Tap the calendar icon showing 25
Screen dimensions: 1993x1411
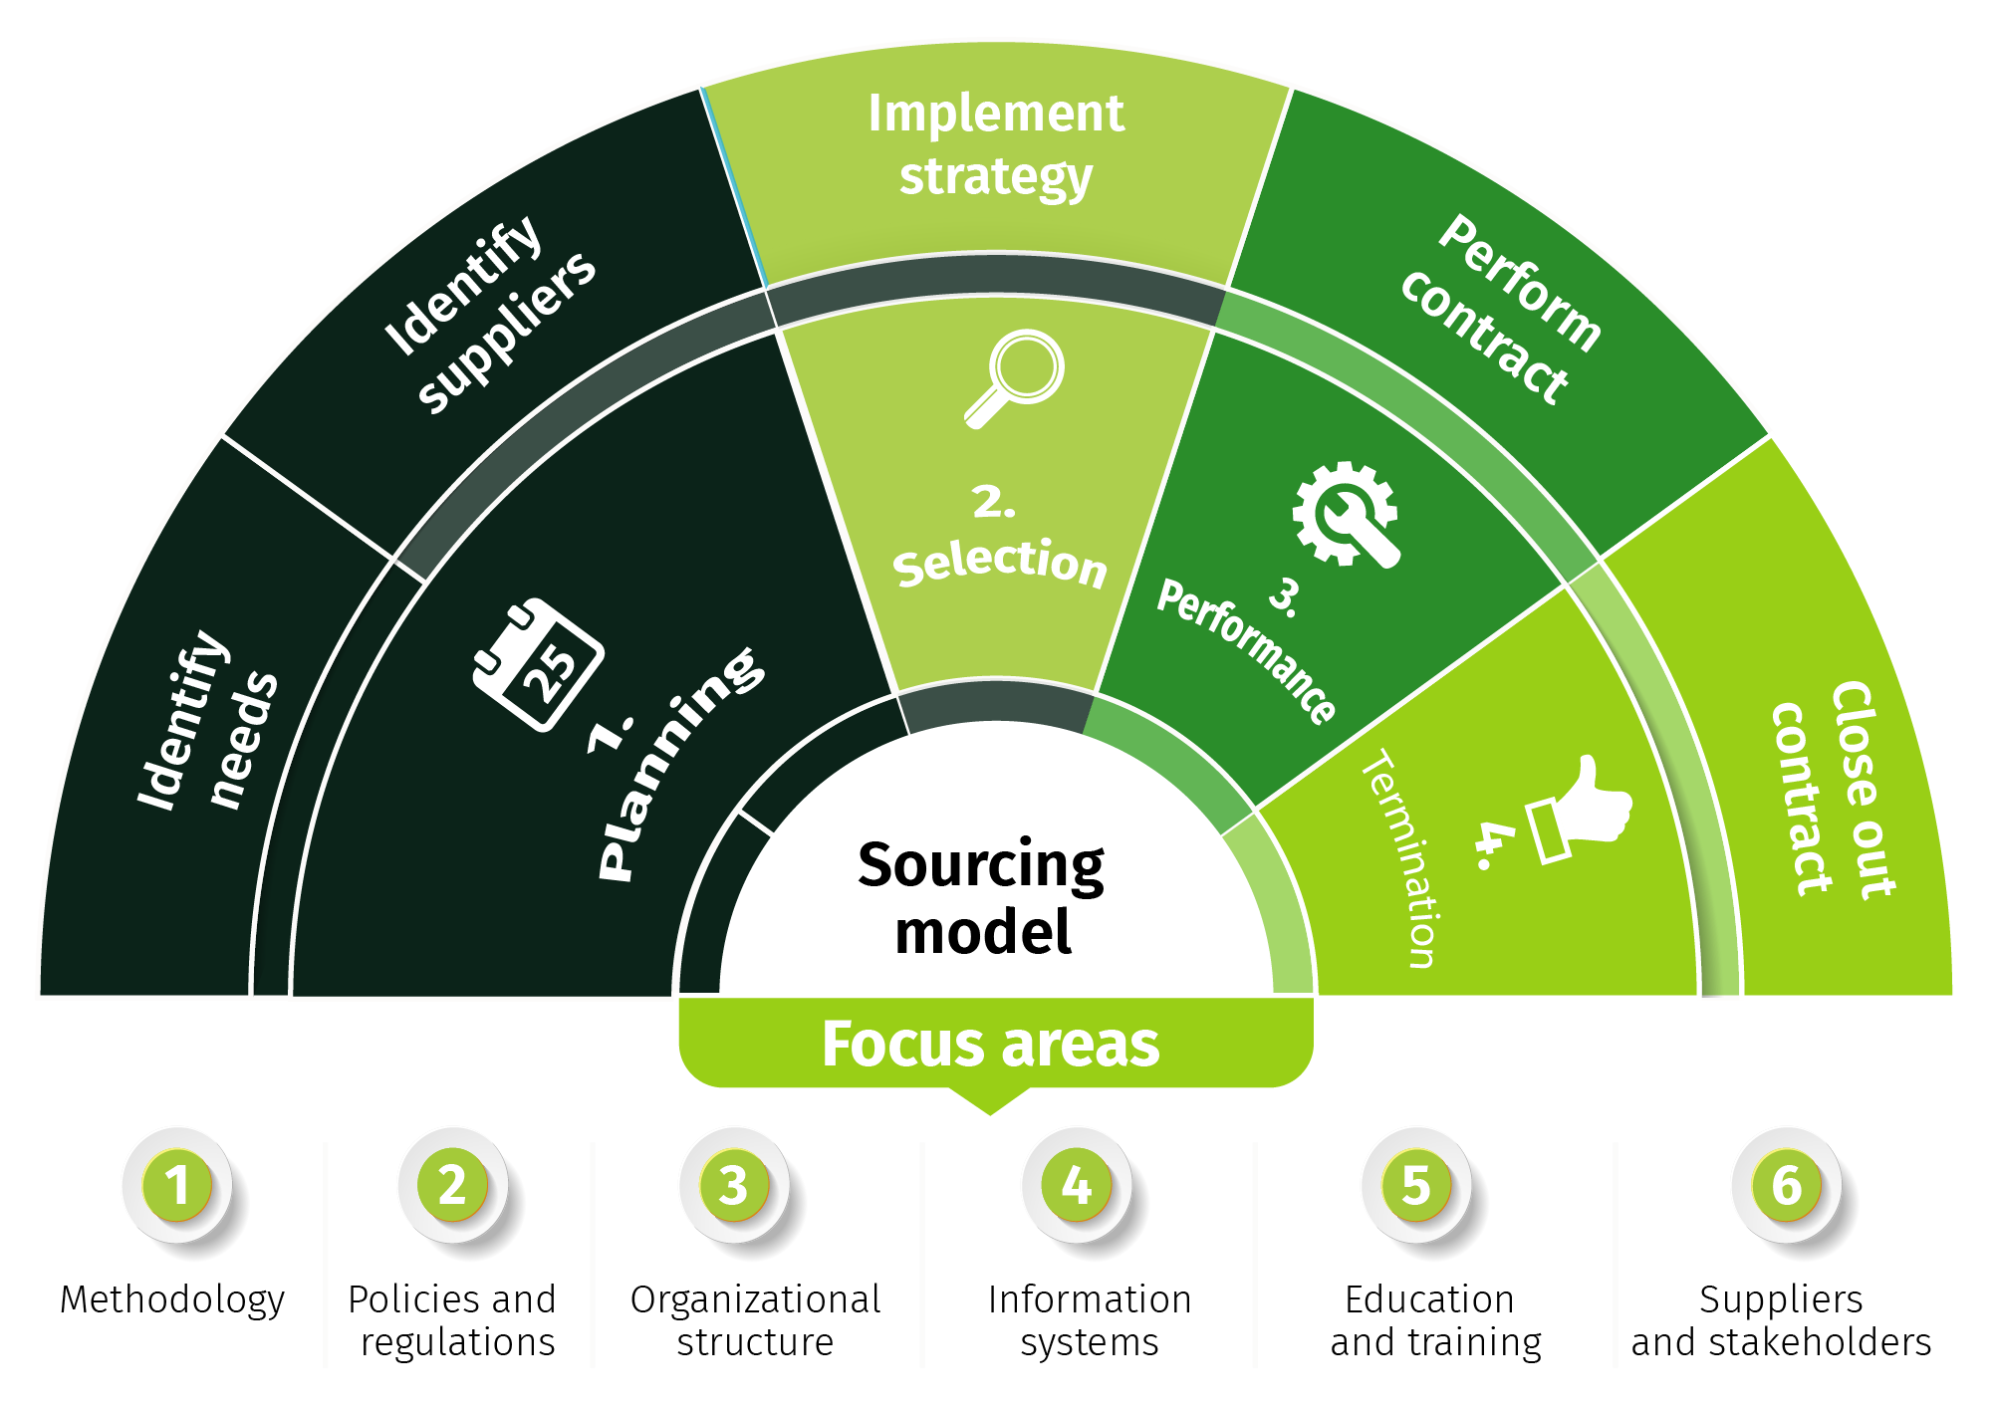pos(538,664)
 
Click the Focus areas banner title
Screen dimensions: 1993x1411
pos(991,1044)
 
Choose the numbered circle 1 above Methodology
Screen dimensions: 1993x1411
pos(177,1185)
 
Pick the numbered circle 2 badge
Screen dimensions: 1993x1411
pos(453,1185)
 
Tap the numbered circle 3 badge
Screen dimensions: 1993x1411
pos(734,1185)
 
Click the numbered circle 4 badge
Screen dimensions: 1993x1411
pos(1077,1185)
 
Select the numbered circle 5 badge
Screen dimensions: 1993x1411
pos(1416,1185)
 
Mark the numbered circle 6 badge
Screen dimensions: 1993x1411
pos(1787,1185)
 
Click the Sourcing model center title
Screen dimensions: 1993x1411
pos(982,897)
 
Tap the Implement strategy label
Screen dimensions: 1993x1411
pos(996,145)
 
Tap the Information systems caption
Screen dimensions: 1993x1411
pos(1090,1320)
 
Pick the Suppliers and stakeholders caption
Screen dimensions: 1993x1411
pos(1781,1320)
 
